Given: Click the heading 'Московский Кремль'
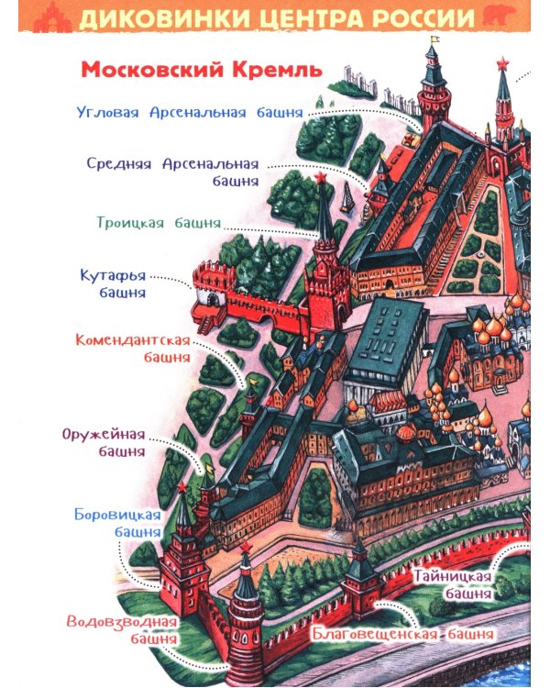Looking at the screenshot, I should coord(200,70).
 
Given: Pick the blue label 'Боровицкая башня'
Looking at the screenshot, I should coord(117,522).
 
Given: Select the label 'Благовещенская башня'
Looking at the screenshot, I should coord(402,634).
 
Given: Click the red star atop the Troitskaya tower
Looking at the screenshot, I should coord(322,182).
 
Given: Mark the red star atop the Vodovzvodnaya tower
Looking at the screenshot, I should coord(246,548).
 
